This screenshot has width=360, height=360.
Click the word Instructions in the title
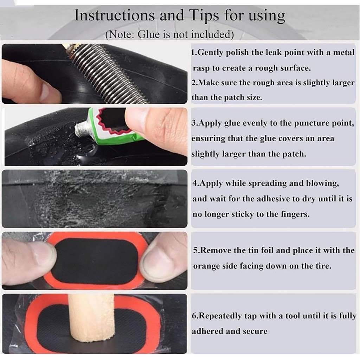(115, 15)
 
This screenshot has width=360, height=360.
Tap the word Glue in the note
(148, 34)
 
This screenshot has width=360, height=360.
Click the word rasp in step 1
(201, 69)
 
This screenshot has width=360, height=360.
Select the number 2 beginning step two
(194, 82)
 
